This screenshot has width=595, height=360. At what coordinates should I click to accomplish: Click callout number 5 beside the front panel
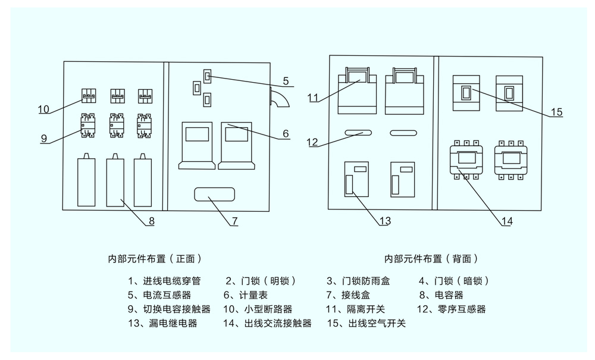tap(286, 81)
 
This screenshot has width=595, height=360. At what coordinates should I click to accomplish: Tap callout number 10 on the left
tap(43, 109)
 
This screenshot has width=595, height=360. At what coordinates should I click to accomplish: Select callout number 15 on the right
tap(556, 112)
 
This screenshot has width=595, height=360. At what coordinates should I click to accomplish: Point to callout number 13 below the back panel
tap(385, 221)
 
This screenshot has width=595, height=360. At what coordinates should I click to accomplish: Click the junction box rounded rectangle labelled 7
tap(214, 194)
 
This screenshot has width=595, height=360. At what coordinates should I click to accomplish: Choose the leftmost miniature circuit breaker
tap(89, 96)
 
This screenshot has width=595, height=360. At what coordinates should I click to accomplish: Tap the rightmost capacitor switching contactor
tap(144, 125)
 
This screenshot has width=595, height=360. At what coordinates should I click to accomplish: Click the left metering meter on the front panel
tap(196, 146)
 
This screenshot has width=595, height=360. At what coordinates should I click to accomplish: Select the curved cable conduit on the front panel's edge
tap(279, 97)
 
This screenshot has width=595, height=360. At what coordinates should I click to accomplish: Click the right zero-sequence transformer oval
tap(403, 133)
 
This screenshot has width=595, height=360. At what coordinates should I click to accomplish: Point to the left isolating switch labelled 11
tap(358, 91)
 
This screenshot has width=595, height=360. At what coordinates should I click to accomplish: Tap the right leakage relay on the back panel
tap(403, 180)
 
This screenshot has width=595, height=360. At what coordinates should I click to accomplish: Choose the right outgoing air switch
tap(509, 93)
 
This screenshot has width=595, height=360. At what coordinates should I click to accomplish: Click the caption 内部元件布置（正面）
tap(155, 259)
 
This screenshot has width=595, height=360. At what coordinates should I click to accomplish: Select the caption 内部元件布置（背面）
tap(431, 259)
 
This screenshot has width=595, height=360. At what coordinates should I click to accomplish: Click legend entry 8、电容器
tap(441, 295)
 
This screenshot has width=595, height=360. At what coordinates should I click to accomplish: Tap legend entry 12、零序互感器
tap(451, 309)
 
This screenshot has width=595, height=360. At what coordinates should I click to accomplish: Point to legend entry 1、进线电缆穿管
tap(164, 281)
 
